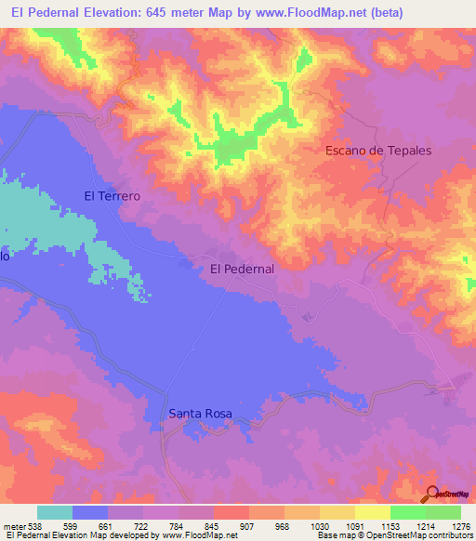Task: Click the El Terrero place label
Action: [112, 196]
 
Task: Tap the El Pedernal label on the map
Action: [242, 269]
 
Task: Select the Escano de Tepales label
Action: [378, 150]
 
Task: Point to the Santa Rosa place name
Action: [200, 414]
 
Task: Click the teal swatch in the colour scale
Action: [55, 512]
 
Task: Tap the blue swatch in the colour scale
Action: [90, 512]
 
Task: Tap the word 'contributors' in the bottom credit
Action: [450, 534]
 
